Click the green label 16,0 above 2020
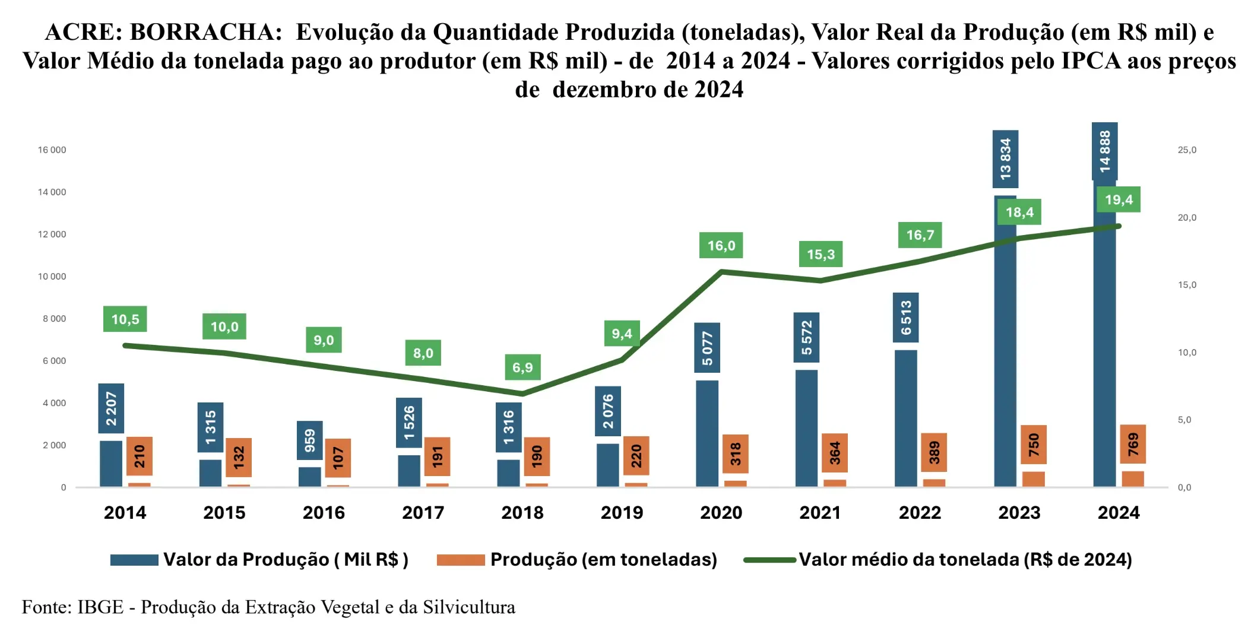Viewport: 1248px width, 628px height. [x=721, y=245]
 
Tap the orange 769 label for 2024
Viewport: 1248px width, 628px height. [x=1133, y=444]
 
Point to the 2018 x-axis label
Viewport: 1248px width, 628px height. [x=522, y=512]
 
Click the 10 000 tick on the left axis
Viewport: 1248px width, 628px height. [x=52, y=277]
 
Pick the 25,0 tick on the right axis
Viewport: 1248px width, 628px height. [x=1187, y=150]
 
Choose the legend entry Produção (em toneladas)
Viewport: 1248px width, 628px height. [x=603, y=559]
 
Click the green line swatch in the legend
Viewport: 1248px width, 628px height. [x=769, y=559]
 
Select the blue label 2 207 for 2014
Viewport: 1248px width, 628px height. [x=111, y=408]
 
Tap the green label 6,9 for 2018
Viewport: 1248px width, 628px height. [x=522, y=367]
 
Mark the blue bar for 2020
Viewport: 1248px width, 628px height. [x=707, y=433]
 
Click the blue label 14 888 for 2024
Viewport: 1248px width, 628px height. [x=1104, y=151]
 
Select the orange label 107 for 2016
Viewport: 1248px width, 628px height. [x=338, y=458]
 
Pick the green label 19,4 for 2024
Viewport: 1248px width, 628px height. [x=1119, y=200]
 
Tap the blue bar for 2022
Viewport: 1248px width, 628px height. [x=905, y=418]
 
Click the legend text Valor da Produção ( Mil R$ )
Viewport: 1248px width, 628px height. [x=286, y=559]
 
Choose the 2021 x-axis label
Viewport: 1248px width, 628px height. [x=820, y=512]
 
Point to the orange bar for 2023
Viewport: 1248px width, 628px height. [x=1034, y=479]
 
